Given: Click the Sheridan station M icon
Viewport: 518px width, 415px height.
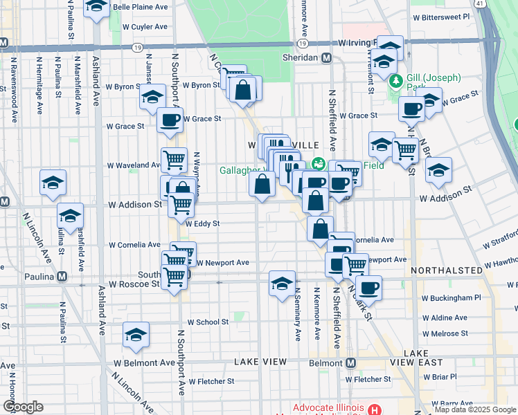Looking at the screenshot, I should click(x=326, y=59).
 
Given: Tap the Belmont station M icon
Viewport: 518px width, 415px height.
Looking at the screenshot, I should click(x=350, y=362).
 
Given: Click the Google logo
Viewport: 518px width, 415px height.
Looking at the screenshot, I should click(x=23, y=407).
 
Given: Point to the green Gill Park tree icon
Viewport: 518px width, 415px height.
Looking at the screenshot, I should click(x=395, y=82).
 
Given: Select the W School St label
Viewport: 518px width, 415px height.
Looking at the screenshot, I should click(x=207, y=322).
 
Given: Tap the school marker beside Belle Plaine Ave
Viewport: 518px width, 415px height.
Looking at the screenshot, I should click(x=97, y=6).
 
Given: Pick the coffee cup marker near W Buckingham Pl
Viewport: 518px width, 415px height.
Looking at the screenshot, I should click(x=369, y=287).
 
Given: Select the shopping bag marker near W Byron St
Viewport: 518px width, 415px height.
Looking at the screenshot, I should click(x=243, y=89).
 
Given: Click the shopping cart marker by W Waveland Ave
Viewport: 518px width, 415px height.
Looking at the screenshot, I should click(x=174, y=160).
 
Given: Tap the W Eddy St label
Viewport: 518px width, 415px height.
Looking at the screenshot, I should click(x=202, y=223).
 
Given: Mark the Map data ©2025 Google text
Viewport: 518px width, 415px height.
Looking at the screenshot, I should click(x=475, y=410).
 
